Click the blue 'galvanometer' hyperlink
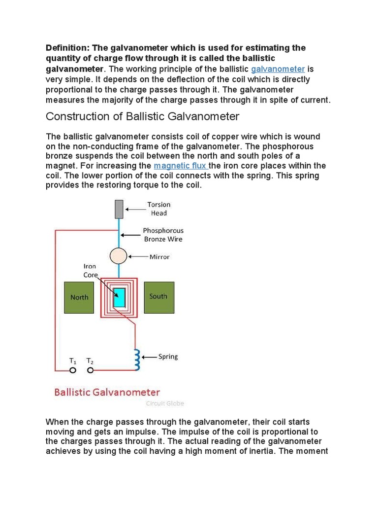coord(278,69)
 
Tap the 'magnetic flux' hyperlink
coord(181,166)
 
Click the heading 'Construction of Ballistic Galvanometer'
coord(142,116)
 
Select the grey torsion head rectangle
coord(119,209)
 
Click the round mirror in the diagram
coord(118,256)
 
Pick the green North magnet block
coord(79,297)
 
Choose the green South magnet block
coord(158,297)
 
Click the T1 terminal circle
coord(72,370)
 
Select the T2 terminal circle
coord(90,370)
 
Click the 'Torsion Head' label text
coord(158,209)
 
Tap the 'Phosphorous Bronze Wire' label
coord(163,235)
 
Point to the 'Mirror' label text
coord(159,257)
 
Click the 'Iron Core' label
coord(90,270)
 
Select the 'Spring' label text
coord(168,356)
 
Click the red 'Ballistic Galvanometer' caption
coord(107,393)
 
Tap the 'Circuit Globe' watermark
coord(165,403)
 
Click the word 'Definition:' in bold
coord(66,48)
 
